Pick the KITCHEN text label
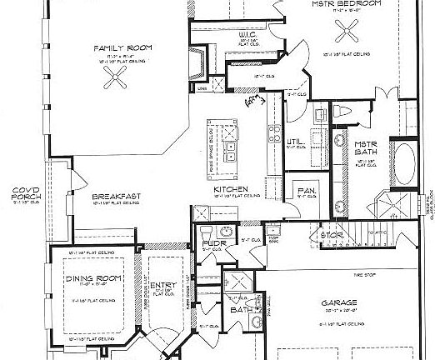tap(227, 189)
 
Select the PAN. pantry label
tap(303, 192)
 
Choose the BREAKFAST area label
tap(115, 197)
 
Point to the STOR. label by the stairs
tap(329, 235)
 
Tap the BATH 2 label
tap(241, 309)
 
